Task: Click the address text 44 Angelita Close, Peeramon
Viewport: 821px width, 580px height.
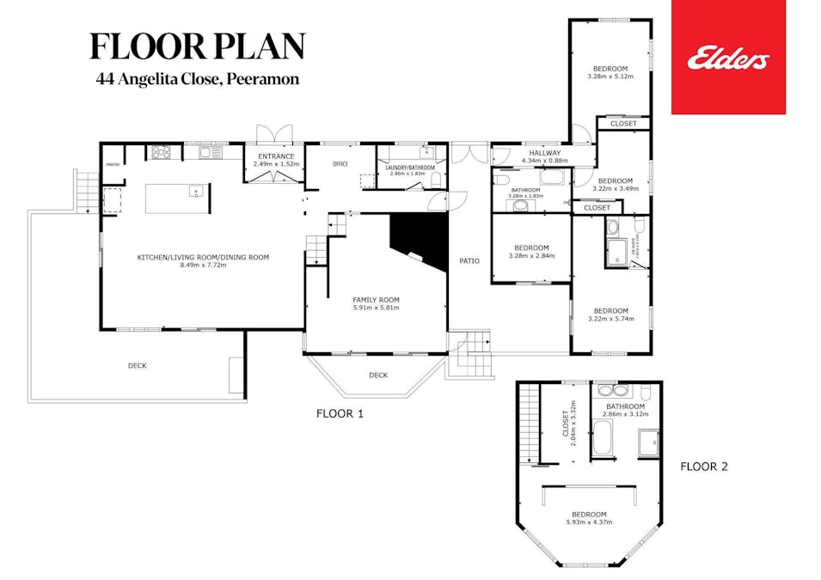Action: [196, 79]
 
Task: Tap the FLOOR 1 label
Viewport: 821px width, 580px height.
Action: [340, 413]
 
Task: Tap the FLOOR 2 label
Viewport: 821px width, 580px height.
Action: [703, 467]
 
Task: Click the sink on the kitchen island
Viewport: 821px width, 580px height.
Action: [197, 192]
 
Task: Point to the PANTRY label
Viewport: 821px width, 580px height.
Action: [111, 163]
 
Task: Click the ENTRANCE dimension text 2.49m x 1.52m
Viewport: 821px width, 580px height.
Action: [276, 163]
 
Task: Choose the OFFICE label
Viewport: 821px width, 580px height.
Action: [340, 163]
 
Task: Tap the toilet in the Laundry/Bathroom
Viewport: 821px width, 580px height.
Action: [436, 179]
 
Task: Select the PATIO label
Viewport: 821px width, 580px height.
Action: [469, 260]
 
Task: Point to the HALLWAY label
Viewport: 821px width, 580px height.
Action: [544, 153]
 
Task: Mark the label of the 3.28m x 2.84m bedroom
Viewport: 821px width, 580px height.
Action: [531, 251]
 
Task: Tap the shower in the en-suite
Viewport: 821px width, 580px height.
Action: [617, 253]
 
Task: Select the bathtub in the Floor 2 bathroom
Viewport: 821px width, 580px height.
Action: [603, 439]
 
